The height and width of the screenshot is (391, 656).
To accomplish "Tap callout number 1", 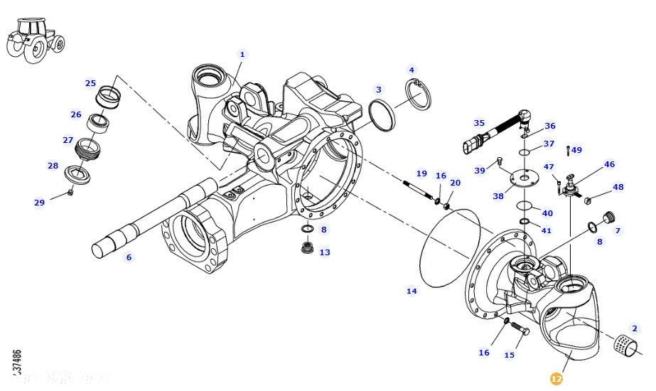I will point(242,54).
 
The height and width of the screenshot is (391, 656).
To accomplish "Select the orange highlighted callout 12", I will point(556,379).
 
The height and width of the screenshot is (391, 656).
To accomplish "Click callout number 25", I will point(90,83).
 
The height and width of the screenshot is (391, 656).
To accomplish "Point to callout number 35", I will point(479,123).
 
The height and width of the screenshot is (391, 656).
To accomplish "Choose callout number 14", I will point(412,291).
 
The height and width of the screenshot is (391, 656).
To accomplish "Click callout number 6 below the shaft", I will point(129,257).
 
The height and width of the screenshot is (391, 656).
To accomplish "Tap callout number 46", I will point(609,164).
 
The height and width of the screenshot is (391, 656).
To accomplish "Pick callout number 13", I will point(325,252).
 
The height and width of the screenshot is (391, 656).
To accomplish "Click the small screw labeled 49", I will point(568,150).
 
